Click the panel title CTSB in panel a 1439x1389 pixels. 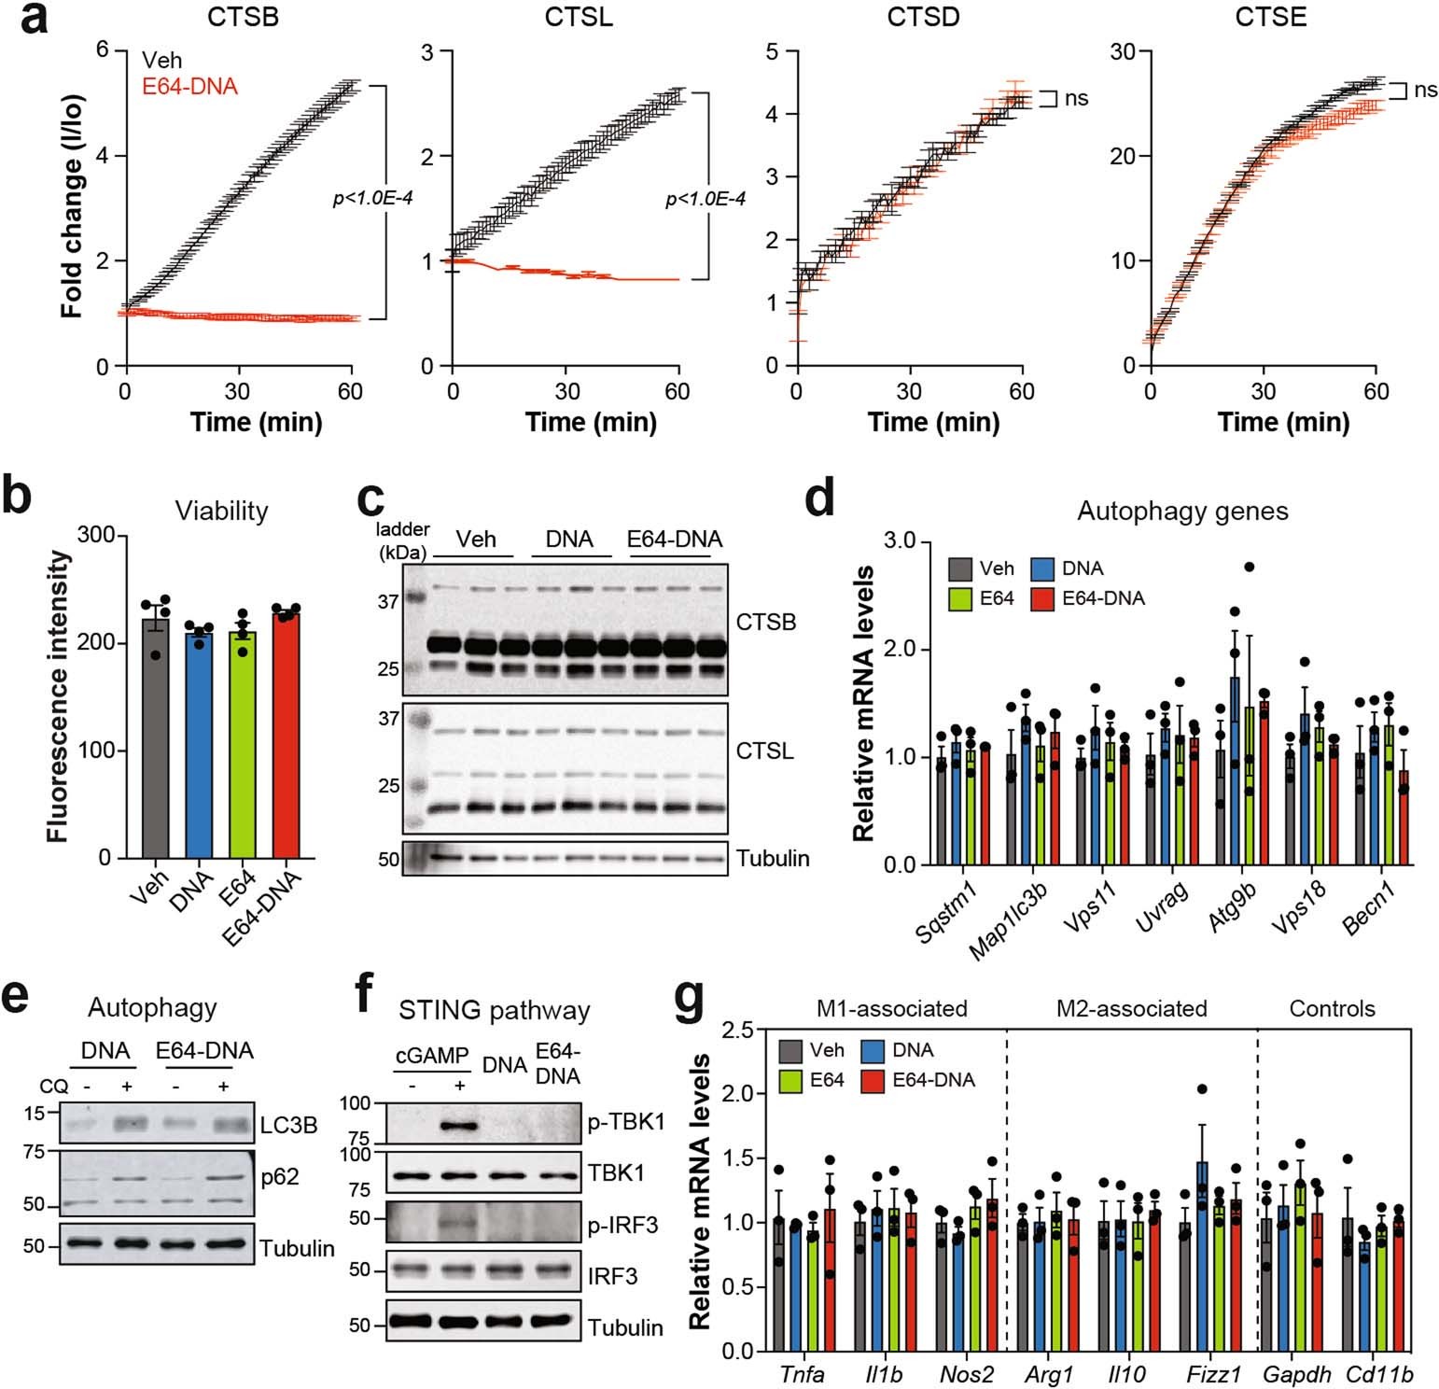[x=243, y=17]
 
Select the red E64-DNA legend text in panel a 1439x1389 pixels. [x=189, y=87]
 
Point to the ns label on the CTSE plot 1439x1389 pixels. [x=1425, y=90]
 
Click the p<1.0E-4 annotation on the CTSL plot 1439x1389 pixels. [x=705, y=199]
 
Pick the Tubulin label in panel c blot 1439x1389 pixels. [x=773, y=859]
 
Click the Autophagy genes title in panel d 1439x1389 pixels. [x=1182, y=512]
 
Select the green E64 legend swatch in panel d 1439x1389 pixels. [x=960, y=598]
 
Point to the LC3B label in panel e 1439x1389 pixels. [x=289, y=1126]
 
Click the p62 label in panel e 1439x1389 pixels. [x=280, y=1177]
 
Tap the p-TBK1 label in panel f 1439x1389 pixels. [x=626, y=1122]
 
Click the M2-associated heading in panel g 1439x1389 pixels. [x=1131, y=1009]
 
